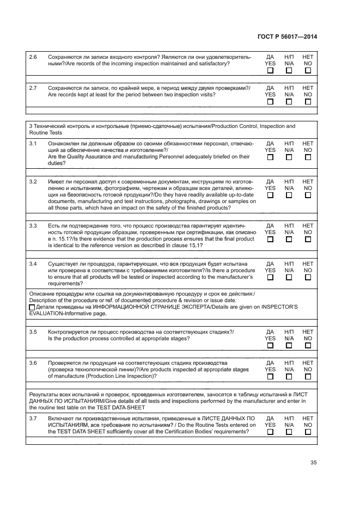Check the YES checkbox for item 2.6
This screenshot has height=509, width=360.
(270, 70)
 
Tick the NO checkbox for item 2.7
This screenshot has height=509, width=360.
(308, 101)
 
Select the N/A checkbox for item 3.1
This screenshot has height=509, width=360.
(289, 157)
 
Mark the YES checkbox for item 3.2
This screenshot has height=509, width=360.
(270, 195)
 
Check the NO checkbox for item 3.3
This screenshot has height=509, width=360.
(308, 239)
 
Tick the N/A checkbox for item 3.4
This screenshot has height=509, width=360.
(289, 277)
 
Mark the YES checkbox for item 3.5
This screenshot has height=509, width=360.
(270, 345)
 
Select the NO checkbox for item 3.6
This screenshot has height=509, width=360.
(308, 376)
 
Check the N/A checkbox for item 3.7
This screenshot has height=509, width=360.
(289, 432)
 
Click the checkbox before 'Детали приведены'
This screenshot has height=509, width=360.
(32, 308)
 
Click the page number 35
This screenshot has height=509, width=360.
(313, 463)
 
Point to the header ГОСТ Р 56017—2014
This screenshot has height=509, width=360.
(287, 37)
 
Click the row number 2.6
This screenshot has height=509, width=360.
(33, 57)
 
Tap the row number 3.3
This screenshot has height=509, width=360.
(33, 225)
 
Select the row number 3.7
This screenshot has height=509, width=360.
(33, 418)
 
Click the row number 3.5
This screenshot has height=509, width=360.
(33, 332)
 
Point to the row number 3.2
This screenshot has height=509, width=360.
(33, 181)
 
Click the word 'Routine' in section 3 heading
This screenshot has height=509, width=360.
(39, 133)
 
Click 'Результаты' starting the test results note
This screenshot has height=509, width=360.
(45, 394)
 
